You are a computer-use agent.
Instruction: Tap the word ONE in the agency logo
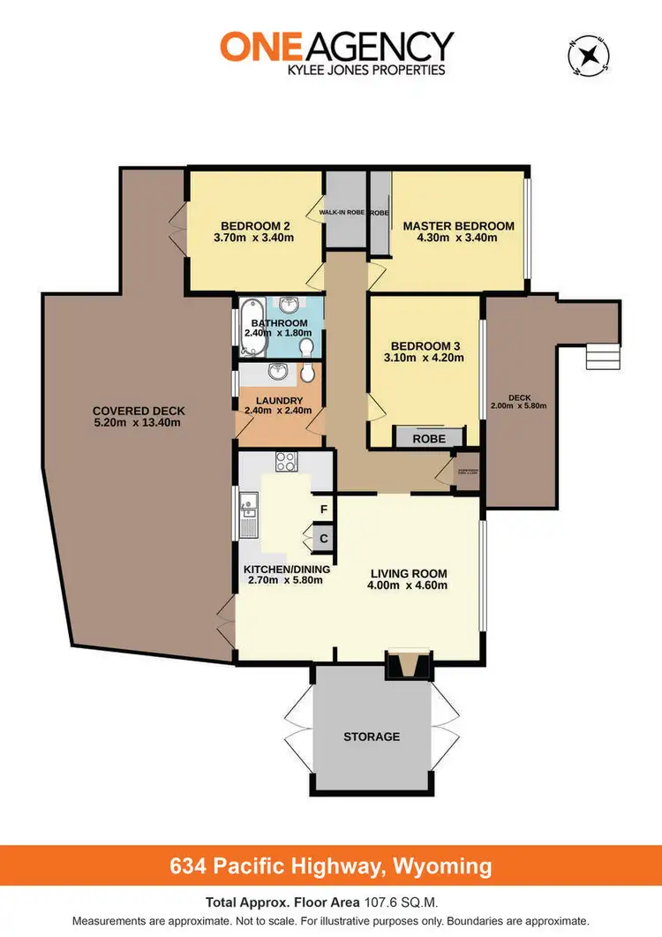point(256,47)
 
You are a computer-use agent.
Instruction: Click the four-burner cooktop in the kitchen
point(288,461)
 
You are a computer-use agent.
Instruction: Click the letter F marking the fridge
point(324,510)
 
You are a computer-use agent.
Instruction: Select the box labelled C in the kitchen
point(324,538)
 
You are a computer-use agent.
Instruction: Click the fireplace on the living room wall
point(409,664)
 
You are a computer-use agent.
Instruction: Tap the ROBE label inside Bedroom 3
point(428,437)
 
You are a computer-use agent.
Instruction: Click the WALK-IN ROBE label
point(344,213)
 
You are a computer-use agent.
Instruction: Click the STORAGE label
point(372,736)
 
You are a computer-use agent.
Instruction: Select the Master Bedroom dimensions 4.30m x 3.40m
point(458,238)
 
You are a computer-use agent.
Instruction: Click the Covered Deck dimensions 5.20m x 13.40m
point(137,422)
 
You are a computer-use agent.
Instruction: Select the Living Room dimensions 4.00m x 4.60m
point(408,585)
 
